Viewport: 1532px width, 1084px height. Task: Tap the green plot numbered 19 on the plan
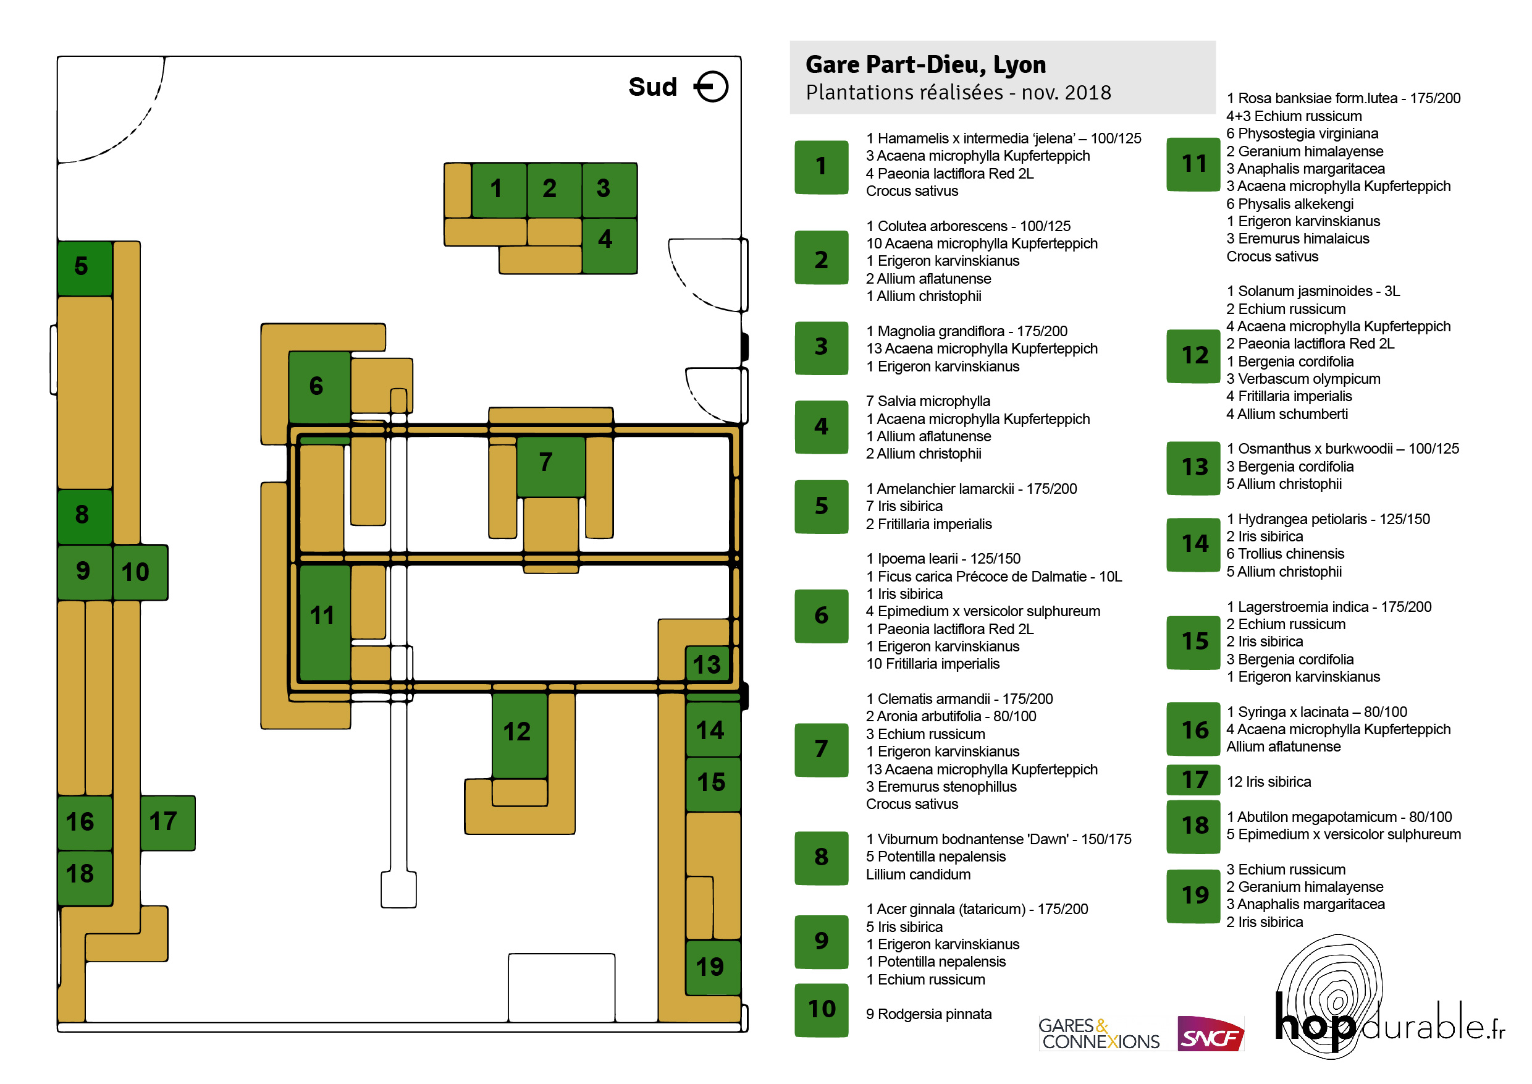pos(713,967)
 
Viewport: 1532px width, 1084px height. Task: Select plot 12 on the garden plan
pos(519,735)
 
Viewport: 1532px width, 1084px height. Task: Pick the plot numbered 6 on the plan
pos(319,387)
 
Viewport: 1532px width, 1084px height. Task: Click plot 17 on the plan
pos(167,823)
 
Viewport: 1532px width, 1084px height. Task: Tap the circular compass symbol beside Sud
pos(711,87)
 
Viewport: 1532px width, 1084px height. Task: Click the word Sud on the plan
pos(652,87)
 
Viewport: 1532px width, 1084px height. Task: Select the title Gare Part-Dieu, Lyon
pos(925,65)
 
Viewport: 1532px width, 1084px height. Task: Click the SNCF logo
pos(1210,1033)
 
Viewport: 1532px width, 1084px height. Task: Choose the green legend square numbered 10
pos(822,1010)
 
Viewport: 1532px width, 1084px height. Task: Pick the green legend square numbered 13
pos(1193,468)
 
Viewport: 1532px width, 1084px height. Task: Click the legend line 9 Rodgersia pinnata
pos(928,1014)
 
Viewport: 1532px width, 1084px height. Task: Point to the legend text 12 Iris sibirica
pos(1268,782)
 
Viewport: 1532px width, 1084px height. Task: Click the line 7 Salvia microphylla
pos(927,401)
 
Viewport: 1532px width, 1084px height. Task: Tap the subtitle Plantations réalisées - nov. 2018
pos(958,92)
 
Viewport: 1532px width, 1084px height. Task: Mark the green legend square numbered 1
pos(822,167)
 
